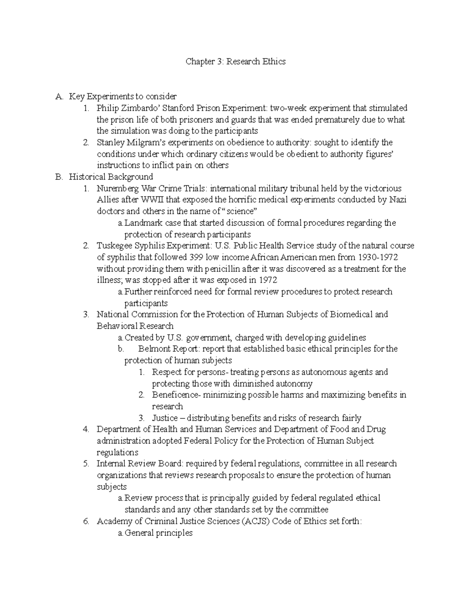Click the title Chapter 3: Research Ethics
[x=235, y=62]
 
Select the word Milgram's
[x=141, y=142]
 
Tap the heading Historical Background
[x=111, y=177]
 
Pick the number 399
[x=196, y=257]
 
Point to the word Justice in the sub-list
[x=165, y=418]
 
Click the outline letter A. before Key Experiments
[x=59, y=97]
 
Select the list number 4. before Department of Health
[x=86, y=429]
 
